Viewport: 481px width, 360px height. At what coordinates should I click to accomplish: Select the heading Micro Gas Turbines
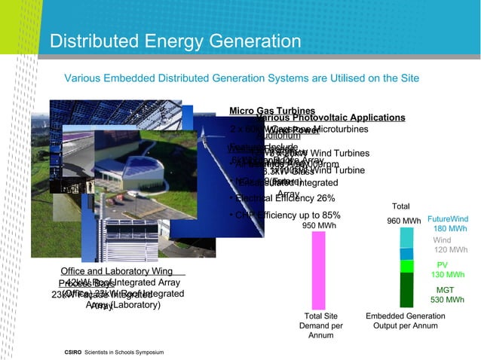tap(271, 111)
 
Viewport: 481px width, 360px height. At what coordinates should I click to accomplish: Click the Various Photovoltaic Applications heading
tap(330, 118)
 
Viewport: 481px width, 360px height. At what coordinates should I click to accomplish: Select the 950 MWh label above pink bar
tap(319, 225)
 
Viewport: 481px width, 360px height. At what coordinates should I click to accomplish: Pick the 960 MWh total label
tap(403, 221)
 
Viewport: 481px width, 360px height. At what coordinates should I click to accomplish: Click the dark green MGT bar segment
tap(406, 289)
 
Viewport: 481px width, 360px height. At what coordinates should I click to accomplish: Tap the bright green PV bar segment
tap(406, 266)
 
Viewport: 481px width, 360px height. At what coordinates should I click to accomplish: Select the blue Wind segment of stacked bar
tap(406, 253)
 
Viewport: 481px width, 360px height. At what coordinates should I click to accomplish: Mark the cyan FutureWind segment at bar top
tap(406, 237)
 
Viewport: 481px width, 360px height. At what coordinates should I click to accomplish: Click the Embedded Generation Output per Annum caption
tap(405, 321)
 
